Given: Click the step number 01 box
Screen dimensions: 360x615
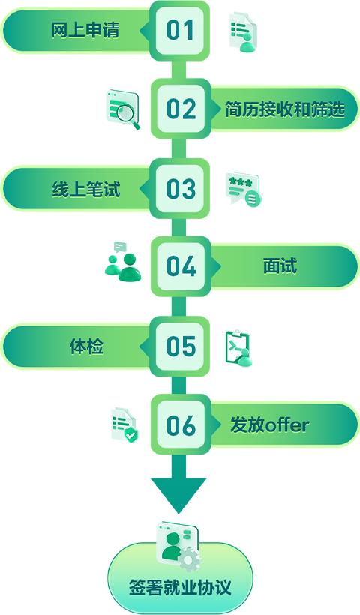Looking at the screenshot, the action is point(179,31).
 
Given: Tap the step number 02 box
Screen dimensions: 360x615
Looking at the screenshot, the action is point(181,108).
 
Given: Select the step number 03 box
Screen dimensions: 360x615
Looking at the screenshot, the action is point(179,189).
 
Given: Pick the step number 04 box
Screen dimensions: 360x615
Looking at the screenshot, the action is point(181,266).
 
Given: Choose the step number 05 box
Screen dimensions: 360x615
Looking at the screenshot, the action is point(179,346).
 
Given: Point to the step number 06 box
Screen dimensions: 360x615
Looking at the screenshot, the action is point(181,424).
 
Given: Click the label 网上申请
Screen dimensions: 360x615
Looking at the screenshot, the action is point(85,30).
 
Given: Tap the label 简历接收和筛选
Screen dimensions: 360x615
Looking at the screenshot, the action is point(284,109).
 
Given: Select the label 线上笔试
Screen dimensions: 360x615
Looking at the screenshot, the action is point(86,189).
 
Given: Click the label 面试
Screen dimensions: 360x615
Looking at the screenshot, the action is point(280,266).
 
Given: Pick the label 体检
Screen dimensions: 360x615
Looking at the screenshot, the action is point(86,346).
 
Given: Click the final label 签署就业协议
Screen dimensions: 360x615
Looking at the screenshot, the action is point(180,588).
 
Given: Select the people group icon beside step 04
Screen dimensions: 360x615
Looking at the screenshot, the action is point(123,262).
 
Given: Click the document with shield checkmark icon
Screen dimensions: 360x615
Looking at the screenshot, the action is point(124,425).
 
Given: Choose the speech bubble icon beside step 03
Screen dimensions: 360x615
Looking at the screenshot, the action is point(243,188).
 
